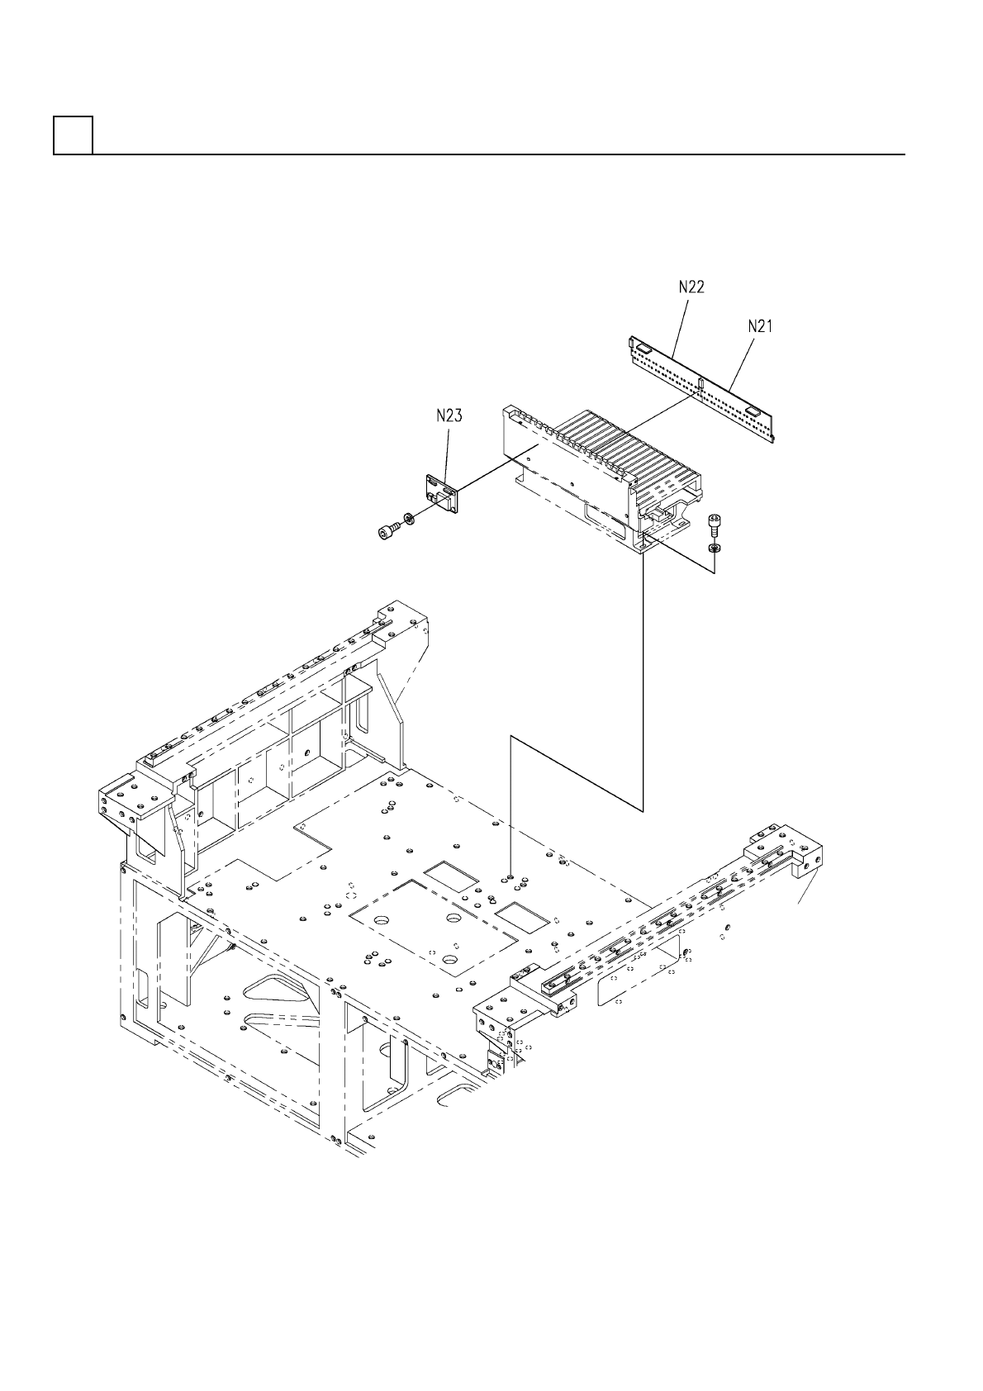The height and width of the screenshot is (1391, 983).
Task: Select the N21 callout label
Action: click(x=760, y=326)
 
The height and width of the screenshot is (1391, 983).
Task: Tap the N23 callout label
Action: click(x=449, y=416)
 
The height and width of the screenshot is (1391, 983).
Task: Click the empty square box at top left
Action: click(x=73, y=135)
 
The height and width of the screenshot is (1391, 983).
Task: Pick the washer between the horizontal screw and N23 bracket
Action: click(x=407, y=521)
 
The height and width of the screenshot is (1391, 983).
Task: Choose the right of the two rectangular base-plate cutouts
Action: click(x=521, y=913)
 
